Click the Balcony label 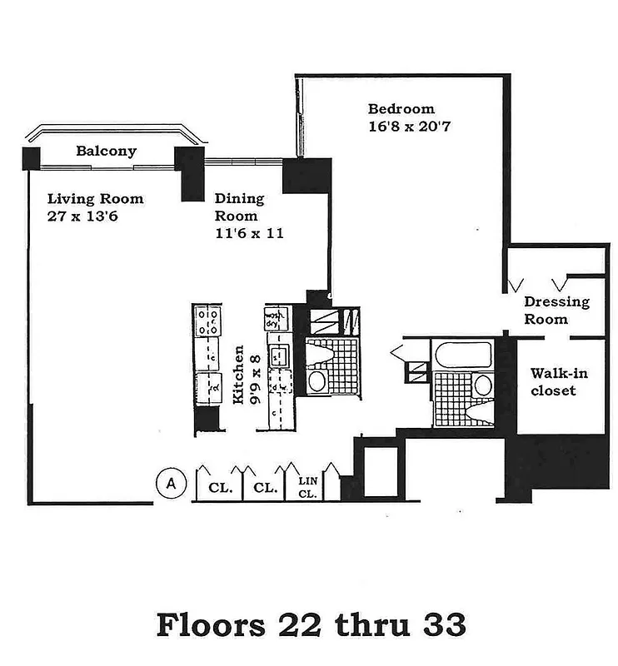[x=106, y=152]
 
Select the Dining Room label [x=239, y=206]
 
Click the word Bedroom [x=401, y=109]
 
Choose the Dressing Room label [x=556, y=311]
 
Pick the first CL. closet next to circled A [x=219, y=489]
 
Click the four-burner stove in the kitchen [x=207, y=321]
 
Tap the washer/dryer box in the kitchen [x=276, y=319]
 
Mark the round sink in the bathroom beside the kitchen [x=317, y=381]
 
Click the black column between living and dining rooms [x=191, y=173]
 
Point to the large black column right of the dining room [x=306, y=176]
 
